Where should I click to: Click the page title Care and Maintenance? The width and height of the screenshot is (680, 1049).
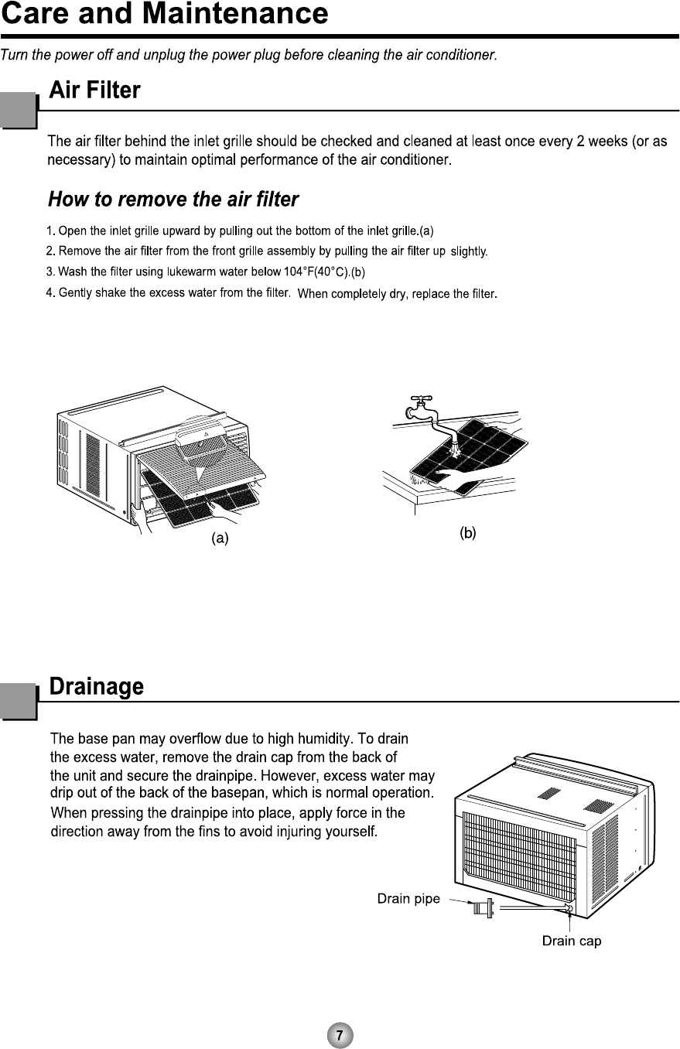click(164, 14)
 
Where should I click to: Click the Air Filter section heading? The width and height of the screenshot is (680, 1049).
click(94, 91)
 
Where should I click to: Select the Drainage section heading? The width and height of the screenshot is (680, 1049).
click(97, 686)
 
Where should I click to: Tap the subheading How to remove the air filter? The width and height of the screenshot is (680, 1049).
click(173, 200)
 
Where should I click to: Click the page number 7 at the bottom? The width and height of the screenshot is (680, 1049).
click(340, 1034)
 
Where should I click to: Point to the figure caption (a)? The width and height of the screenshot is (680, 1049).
click(220, 539)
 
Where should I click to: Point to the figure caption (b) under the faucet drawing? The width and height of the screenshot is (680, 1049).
click(467, 533)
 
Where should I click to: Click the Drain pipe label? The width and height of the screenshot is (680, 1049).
click(408, 899)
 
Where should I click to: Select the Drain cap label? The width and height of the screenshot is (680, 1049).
click(571, 941)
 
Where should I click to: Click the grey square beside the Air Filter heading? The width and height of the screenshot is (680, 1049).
click(19, 110)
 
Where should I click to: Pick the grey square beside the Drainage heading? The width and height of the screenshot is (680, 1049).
click(19, 702)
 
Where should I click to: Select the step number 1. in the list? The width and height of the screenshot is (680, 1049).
click(51, 231)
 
